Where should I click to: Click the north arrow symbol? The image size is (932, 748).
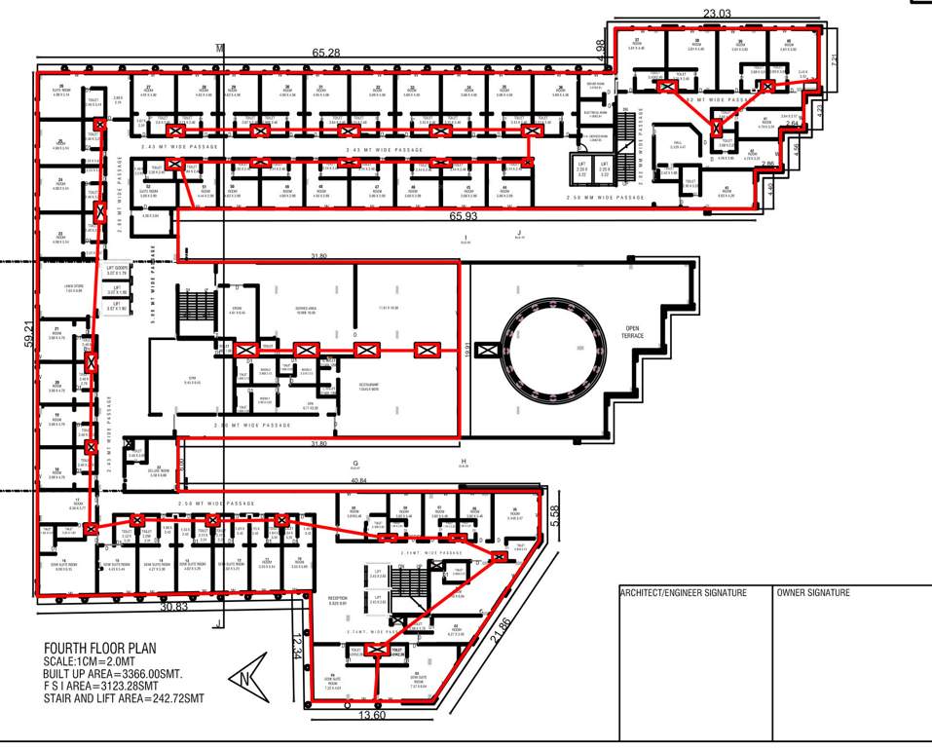pyautogui.click(x=246, y=678)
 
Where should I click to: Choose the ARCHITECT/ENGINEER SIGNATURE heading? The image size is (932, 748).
pyautogui.click(x=684, y=593)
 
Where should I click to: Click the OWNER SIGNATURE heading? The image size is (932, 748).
pyautogui.click(x=813, y=593)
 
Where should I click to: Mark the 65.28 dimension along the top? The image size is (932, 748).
pyautogui.click(x=326, y=51)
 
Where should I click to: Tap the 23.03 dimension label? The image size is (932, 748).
pyautogui.click(x=717, y=14)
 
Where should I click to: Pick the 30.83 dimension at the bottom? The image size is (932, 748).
pyautogui.click(x=173, y=607)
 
